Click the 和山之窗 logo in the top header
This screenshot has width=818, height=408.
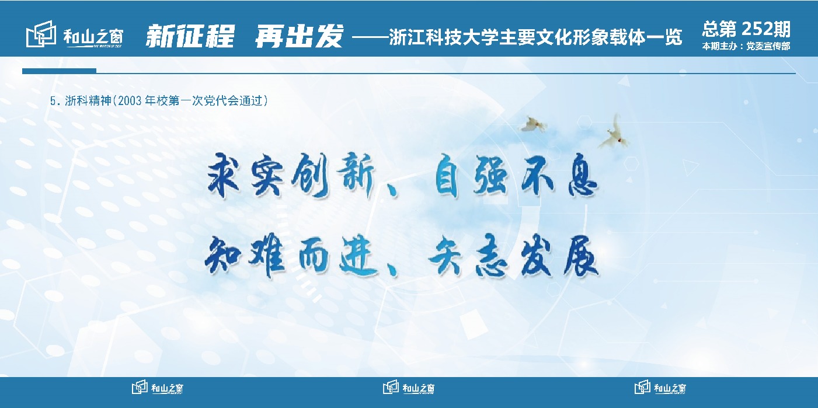click(75, 34)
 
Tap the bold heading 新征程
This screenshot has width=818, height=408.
click(190, 36)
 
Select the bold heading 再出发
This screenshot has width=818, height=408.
click(299, 36)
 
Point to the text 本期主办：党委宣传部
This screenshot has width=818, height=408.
click(746, 46)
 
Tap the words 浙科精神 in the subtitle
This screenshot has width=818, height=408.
click(88, 101)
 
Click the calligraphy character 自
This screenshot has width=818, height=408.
click(447, 175)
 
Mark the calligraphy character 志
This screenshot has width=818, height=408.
click(492, 257)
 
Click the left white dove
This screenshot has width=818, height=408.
click(534, 124)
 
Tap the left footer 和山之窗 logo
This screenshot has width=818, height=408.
click(158, 387)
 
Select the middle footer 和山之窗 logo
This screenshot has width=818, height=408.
click(409, 387)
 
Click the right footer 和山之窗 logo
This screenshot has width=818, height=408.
click(660, 387)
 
